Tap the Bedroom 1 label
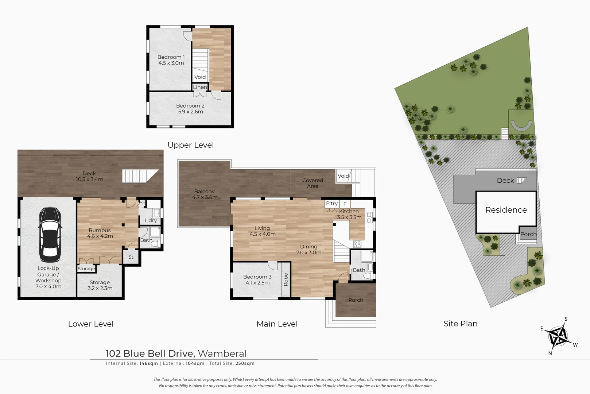(171, 57)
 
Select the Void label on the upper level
(200, 77)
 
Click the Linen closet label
(200, 87)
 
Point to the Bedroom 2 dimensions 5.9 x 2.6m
(190, 112)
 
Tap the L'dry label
(151, 220)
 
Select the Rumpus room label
(100, 230)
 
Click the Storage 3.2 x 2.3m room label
(100, 285)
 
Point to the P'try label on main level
(332, 204)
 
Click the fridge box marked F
(345, 204)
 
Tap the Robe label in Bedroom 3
(286, 279)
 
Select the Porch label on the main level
(356, 300)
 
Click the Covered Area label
(313, 183)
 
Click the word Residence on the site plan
(506, 210)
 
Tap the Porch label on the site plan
(528, 234)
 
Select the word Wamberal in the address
(222, 354)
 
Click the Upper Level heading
(190, 145)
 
